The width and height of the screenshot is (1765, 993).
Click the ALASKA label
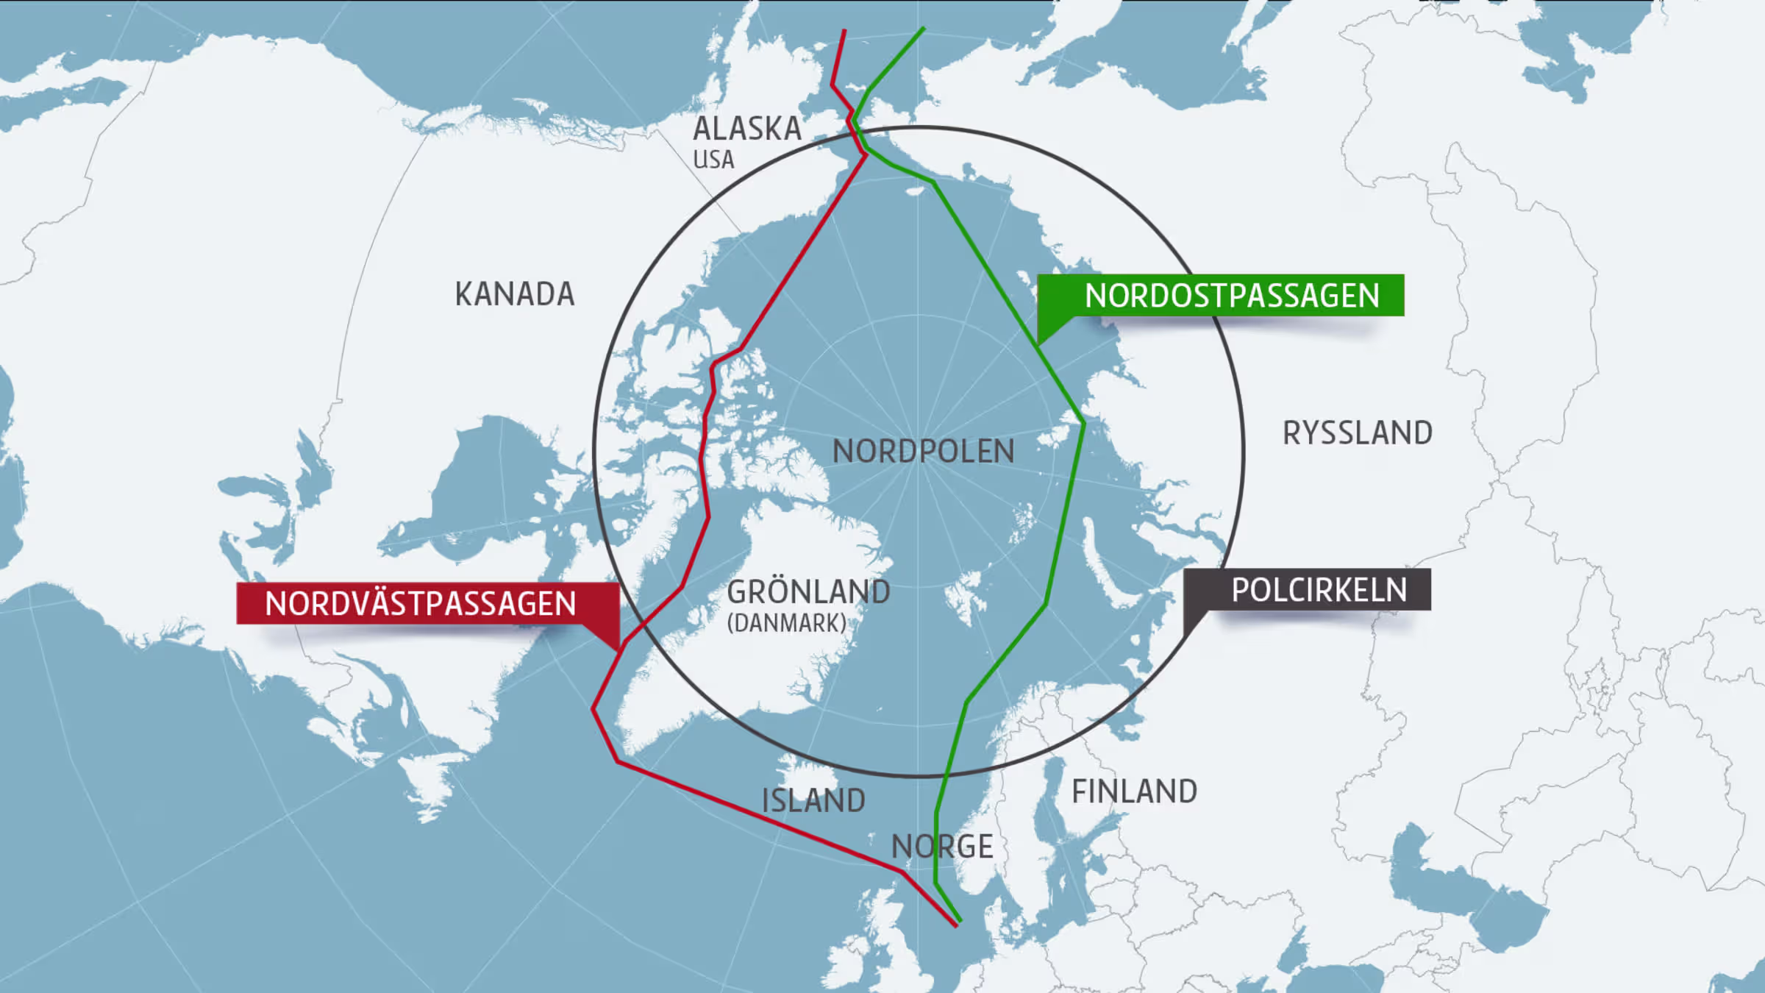pyautogui.click(x=746, y=129)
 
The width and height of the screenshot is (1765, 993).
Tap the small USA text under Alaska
pyautogui.click(x=713, y=160)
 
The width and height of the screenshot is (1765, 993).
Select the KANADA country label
pyautogui.click(x=514, y=294)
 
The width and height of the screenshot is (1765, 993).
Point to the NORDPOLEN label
pyautogui.click(x=923, y=451)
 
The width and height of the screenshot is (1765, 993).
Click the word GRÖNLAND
pyautogui.click(x=808, y=592)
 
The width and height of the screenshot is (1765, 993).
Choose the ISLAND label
pyautogui.click(x=813, y=800)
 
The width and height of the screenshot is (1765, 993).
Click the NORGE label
pyautogui.click(x=942, y=847)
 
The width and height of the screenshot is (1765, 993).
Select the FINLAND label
pyautogui.click(x=1134, y=791)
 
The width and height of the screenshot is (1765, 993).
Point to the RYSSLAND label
pyautogui.click(x=1358, y=433)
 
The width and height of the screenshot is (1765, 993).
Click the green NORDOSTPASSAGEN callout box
pyautogui.click(x=1232, y=296)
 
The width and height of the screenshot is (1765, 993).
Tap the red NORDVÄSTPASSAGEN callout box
pyautogui.click(x=421, y=604)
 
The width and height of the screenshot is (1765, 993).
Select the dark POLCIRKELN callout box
pyautogui.click(x=1319, y=590)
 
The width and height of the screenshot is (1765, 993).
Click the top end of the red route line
pyautogui.click(x=844, y=32)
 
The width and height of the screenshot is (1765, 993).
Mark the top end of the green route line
pyautogui.click(x=924, y=29)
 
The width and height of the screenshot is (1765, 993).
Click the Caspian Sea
pyautogui.click(x=1463, y=883)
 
